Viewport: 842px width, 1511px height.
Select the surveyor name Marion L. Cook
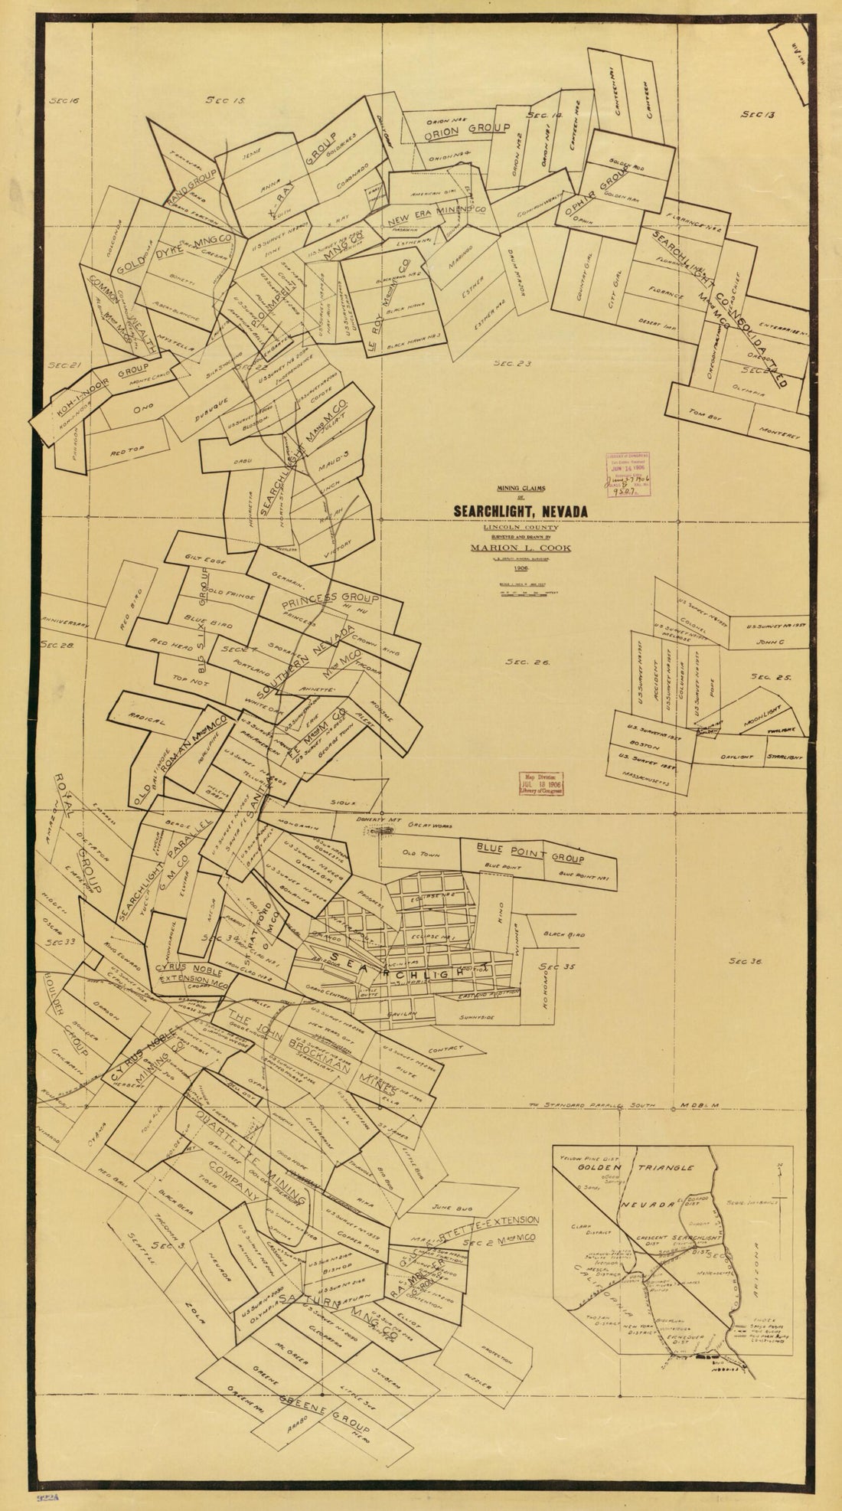(521, 548)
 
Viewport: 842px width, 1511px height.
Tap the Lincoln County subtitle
(521, 528)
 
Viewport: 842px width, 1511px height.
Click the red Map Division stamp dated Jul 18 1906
(541, 783)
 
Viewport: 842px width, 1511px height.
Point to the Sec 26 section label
(528, 662)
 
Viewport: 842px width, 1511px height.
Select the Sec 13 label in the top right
(759, 114)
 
